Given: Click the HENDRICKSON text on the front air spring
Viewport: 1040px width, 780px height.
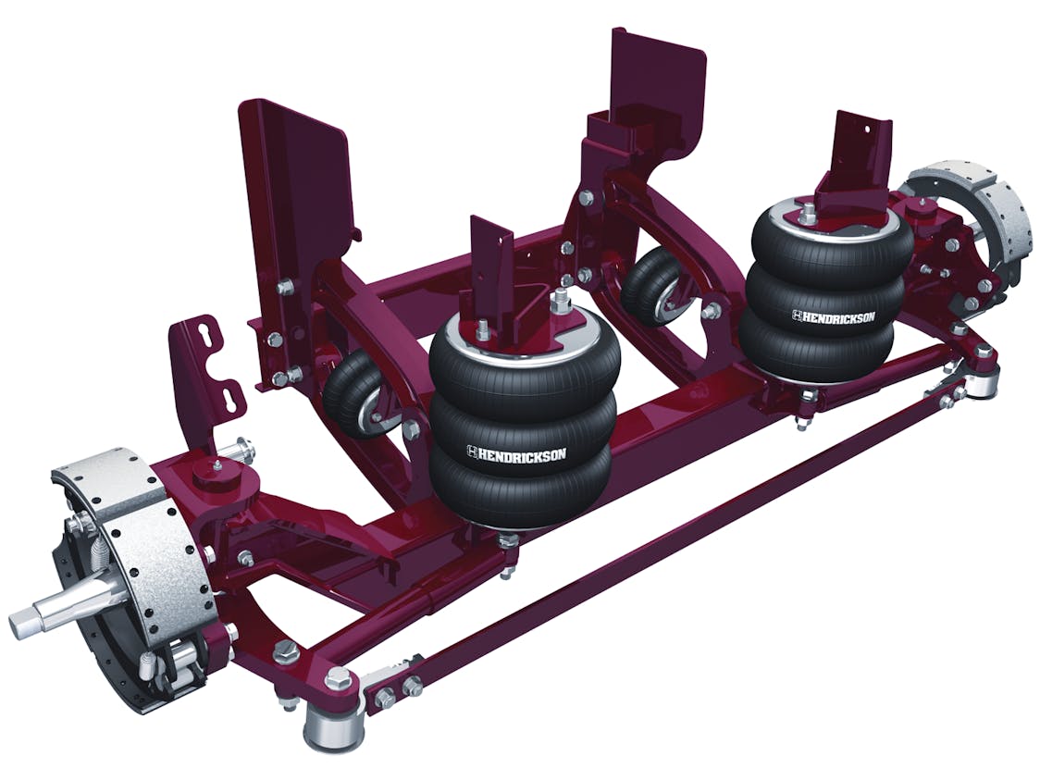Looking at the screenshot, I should click(x=517, y=452).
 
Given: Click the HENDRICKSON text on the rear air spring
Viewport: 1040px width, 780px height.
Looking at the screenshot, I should click(x=833, y=316).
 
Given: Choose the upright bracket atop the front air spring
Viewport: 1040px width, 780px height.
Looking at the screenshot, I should click(x=493, y=268).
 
